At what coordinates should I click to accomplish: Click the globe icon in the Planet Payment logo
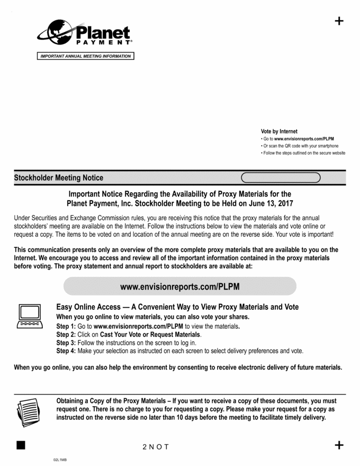(x=55, y=33)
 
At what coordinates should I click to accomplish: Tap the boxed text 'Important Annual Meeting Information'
(x=86, y=56)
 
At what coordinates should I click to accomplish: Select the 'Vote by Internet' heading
(x=279, y=131)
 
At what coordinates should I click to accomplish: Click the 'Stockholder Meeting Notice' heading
(x=59, y=178)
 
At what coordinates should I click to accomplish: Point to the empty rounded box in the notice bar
(x=281, y=177)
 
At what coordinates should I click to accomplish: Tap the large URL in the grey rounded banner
(x=179, y=286)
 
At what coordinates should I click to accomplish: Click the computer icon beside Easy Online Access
(x=30, y=316)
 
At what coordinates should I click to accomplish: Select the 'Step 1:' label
(x=66, y=327)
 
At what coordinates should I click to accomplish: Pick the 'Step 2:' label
(x=66, y=335)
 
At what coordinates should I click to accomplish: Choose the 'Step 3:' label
(x=66, y=343)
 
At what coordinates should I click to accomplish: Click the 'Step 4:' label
(x=66, y=351)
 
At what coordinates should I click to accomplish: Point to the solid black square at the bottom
(x=21, y=445)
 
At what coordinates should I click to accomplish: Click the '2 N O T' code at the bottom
(x=156, y=447)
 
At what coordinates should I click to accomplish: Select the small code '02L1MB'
(x=60, y=460)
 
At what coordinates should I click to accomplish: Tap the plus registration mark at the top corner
(x=339, y=21)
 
